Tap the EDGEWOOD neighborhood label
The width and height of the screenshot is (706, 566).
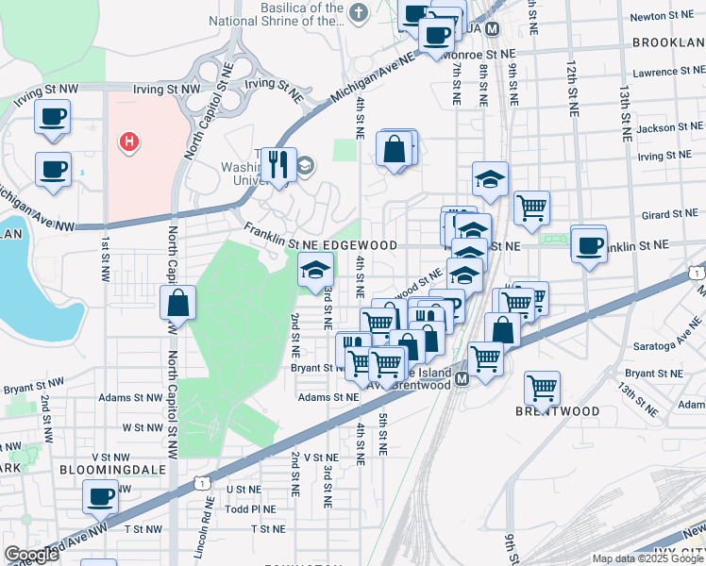[360, 244]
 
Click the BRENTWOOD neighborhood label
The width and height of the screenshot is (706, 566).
[558, 412]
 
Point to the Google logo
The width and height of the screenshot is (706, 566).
[31, 555]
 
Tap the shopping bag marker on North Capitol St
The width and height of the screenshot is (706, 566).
[177, 303]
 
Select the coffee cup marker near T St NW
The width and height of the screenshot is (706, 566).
[101, 495]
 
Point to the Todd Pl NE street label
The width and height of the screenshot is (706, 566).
[251, 508]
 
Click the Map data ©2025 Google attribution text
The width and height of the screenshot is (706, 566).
[648, 558]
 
